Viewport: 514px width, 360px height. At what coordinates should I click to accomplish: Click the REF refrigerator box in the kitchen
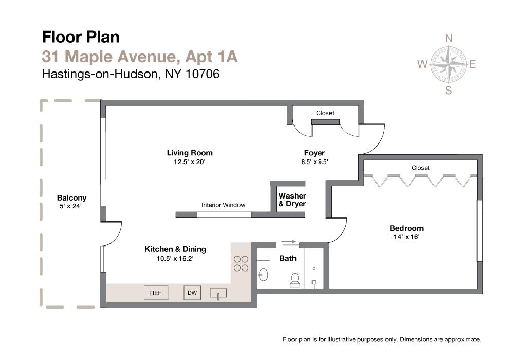[156, 293]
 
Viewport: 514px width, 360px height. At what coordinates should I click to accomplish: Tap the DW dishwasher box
[192, 293]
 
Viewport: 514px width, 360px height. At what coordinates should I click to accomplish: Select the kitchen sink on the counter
[218, 294]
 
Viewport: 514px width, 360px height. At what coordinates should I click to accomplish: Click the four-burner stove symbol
[241, 263]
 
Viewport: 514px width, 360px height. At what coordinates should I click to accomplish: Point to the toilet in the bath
[295, 279]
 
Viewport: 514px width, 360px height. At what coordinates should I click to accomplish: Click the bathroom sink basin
[263, 275]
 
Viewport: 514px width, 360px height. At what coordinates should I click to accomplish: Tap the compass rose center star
[448, 65]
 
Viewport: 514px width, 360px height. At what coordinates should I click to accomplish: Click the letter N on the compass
[448, 39]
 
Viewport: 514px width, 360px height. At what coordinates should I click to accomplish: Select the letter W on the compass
[422, 65]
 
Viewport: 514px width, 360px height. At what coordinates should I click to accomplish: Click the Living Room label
[190, 153]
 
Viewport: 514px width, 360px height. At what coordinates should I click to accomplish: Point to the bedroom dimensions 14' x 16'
[406, 238]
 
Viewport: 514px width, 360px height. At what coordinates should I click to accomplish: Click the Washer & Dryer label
[292, 200]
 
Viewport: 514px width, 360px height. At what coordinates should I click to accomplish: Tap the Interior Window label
[223, 205]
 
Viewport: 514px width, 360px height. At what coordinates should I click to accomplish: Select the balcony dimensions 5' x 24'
[71, 207]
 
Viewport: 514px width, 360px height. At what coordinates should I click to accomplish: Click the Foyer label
[314, 153]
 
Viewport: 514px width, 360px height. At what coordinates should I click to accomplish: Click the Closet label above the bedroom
[420, 168]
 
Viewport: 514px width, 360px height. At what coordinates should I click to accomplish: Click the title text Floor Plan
[81, 37]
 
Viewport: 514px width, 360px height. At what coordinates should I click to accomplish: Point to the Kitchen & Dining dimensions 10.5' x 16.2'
[175, 259]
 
